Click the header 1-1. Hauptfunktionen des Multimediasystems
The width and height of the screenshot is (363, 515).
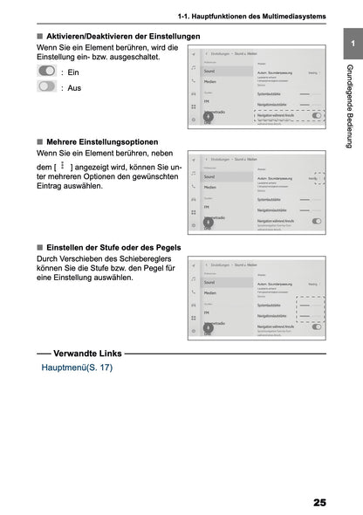[x=251, y=16]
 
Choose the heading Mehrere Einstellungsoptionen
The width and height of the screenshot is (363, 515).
[x=102, y=142]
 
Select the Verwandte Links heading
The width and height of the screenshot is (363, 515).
[x=87, y=354]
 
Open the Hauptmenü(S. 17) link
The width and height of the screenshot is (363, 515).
[x=77, y=367]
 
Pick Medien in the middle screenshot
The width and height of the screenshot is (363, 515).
[x=211, y=188]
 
